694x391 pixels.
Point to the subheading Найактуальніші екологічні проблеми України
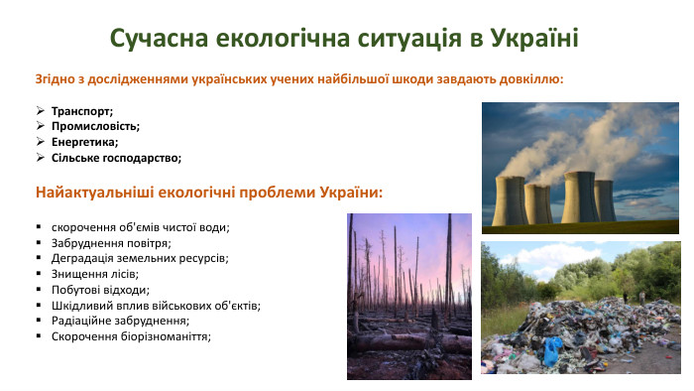pos(209,191)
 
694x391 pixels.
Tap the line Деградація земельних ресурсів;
pos(140,258)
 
